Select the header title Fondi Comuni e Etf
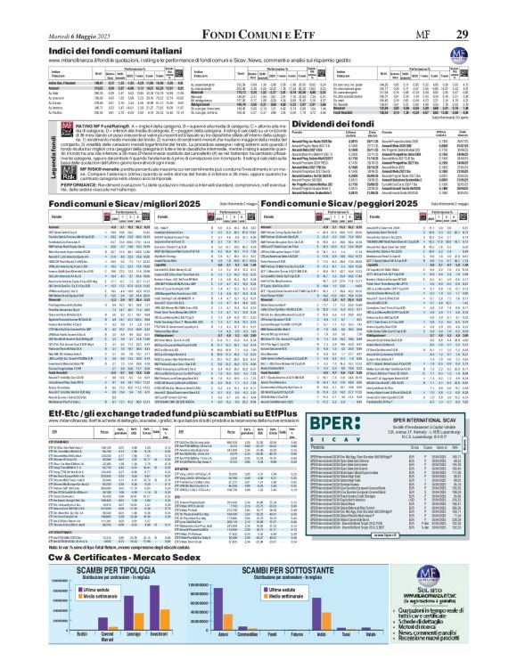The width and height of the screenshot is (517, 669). (258, 10)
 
